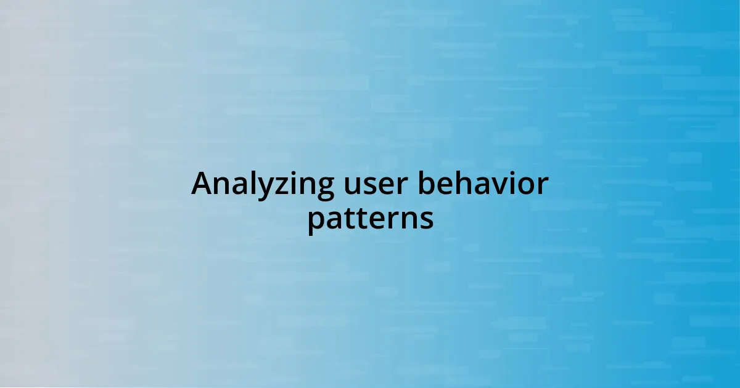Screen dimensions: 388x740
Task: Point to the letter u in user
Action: click(351, 186)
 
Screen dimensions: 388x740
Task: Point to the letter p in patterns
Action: click(316, 222)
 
